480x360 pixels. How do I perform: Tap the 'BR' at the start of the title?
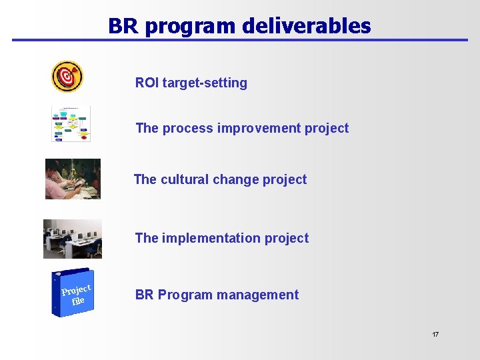tap(122, 25)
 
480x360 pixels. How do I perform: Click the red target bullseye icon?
tap(67, 77)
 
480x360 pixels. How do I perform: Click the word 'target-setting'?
tap(205, 83)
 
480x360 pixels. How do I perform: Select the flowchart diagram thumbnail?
tap(71, 123)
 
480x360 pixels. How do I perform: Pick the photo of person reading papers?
tap(73, 179)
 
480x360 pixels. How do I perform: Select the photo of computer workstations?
tap(73, 239)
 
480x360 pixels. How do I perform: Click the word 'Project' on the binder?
tap(75, 289)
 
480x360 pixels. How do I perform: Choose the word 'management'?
tap(262, 295)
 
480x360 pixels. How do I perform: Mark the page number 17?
tap(435, 334)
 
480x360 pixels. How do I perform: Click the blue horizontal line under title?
tap(240, 40)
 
